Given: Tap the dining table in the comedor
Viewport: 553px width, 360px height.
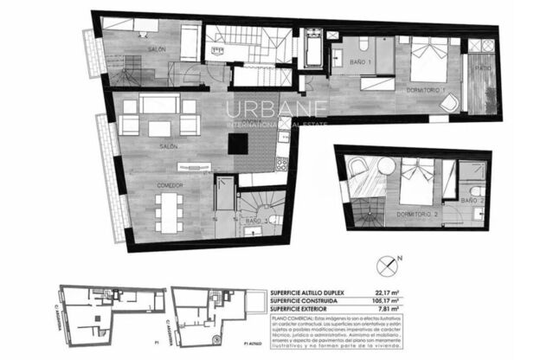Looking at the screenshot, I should click(x=168, y=209).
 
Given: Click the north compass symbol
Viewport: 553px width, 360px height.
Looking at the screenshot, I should click(x=398, y=259).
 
